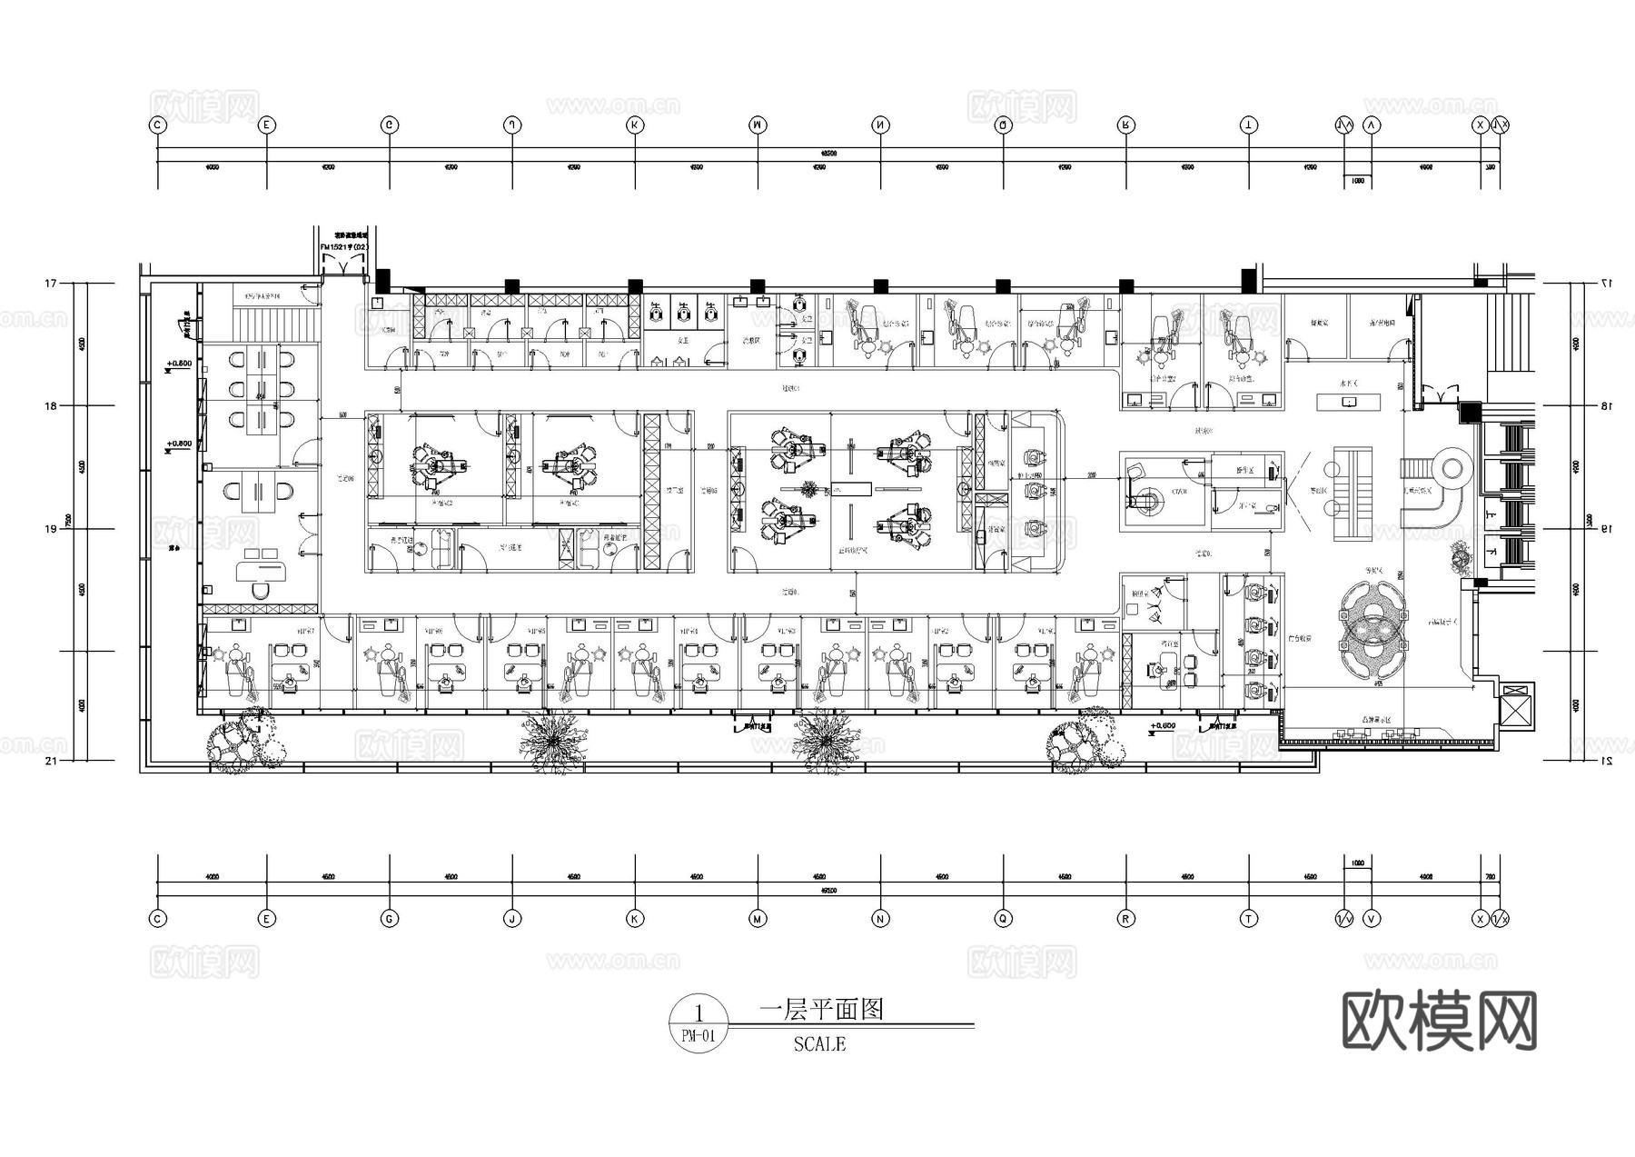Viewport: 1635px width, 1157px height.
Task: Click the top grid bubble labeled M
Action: [758, 125]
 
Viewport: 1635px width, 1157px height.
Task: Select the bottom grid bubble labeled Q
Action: [1003, 919]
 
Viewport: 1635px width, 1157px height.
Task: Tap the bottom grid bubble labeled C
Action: [158, 919]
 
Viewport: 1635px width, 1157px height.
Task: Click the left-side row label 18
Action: [51, 406]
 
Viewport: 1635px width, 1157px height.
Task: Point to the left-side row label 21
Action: [51, 761]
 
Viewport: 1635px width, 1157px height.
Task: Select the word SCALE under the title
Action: [818, 1044]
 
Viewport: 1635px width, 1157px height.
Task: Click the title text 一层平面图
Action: [821, 1009]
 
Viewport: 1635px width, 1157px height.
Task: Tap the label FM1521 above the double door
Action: [343, 247]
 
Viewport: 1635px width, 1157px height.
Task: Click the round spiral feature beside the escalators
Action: [1451, 469]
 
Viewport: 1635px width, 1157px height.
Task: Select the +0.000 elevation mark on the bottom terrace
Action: [1163, 726]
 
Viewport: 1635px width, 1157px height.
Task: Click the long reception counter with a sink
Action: [1348, 401]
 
